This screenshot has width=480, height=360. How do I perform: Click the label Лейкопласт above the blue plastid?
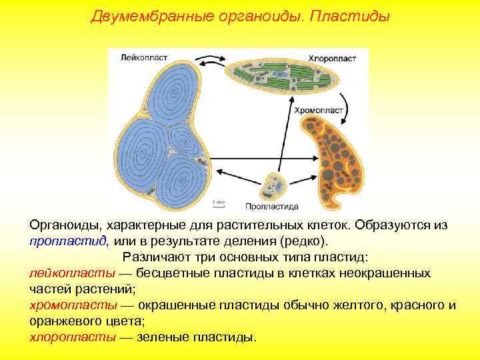tap(139, 59)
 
